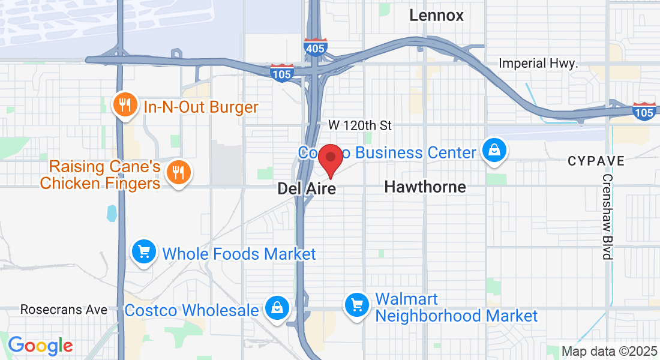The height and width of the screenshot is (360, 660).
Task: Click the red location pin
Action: tap(329, 159)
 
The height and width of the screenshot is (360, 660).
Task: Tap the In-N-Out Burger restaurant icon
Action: tap(125, 106)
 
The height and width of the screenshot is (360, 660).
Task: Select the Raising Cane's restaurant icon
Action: tap(178, 173)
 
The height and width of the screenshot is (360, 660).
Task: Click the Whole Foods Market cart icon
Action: tap(144, 251)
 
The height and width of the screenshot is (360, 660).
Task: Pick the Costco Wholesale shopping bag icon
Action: tap(277, 309)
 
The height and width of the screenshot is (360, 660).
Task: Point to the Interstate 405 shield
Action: tap(315, 47)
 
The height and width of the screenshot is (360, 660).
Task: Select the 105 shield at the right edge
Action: tap(644, 111)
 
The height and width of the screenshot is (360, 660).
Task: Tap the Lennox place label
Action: tap(436, 16)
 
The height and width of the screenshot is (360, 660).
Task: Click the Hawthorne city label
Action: tap(425, 187)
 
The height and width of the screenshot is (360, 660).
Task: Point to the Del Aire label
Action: tap(307, 189)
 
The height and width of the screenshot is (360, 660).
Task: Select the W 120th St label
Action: tap(360, 125)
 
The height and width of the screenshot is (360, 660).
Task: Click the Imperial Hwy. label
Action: tap(538, 64)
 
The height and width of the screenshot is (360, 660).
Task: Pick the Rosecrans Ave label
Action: tap(64, 310)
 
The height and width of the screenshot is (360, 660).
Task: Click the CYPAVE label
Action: tap(596, 161)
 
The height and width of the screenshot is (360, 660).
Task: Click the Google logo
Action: tap(40, 346)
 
